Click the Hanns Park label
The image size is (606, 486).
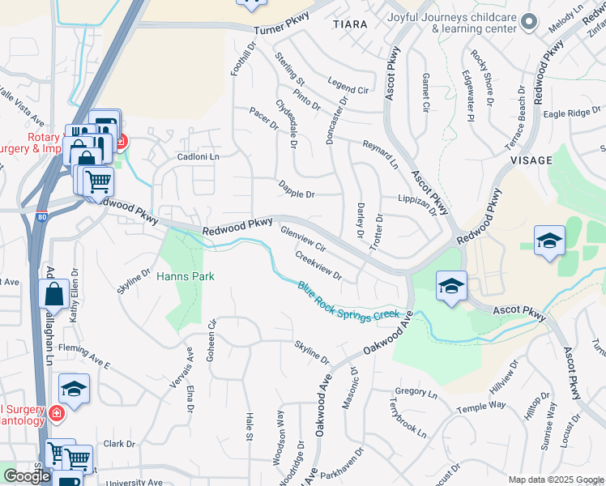[x=186, y=276]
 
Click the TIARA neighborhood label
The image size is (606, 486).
[x=350, y=24]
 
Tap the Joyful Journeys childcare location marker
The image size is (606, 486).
[x=530, y=22]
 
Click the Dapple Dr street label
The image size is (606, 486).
[x=297, y=194]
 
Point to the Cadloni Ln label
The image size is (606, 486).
[x=198, y=156]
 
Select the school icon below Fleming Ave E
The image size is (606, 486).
[x=74, y=390]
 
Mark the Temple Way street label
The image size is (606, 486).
[x=480, y=405]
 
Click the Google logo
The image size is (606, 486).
[x=27, y=476]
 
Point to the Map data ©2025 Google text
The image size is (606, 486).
[x=556, y=480]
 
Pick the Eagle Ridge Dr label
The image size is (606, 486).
[x=572, y=113]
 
